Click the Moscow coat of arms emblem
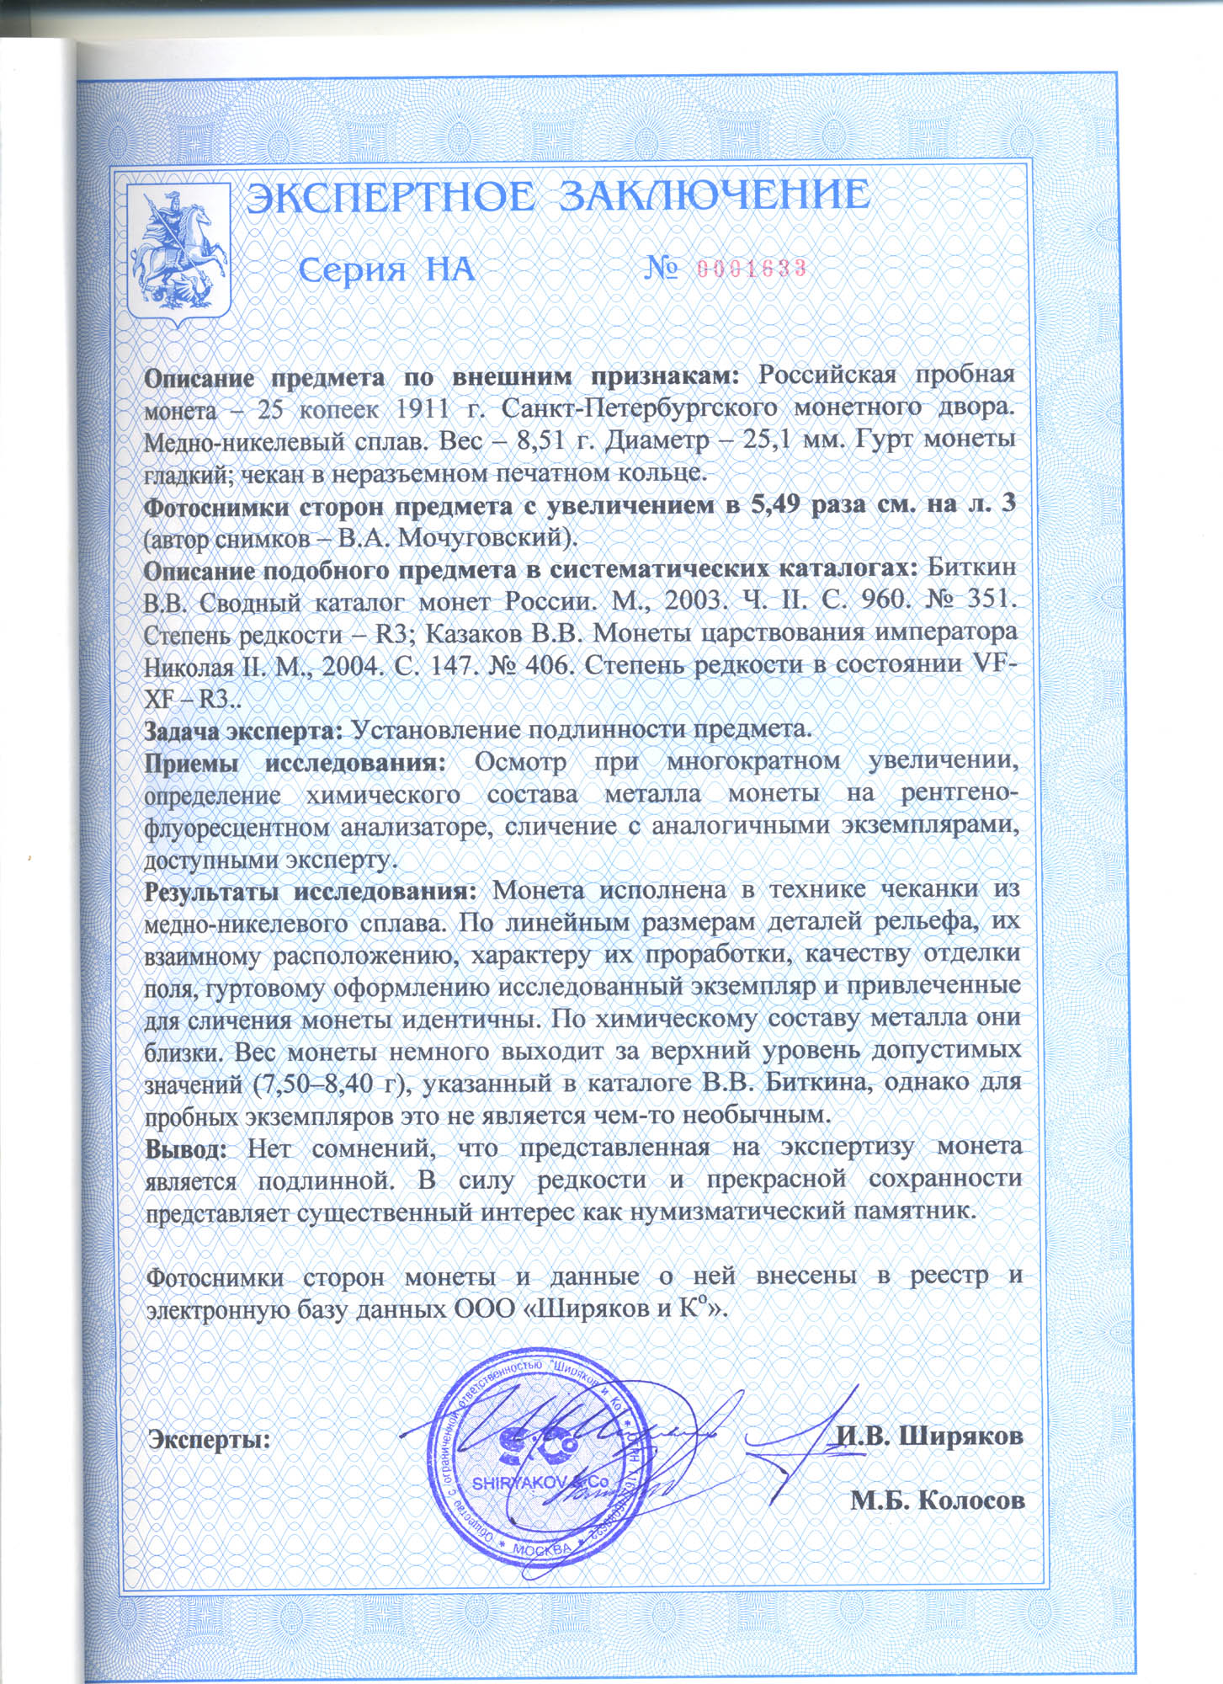click(177, 251)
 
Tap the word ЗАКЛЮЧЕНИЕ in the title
click(715, 196)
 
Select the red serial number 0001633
click(752, 269)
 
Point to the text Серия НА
click(387, 269)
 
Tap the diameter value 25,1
click(778, 441)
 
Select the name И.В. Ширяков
click(929, 1436)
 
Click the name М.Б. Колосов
click(938, 1500)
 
